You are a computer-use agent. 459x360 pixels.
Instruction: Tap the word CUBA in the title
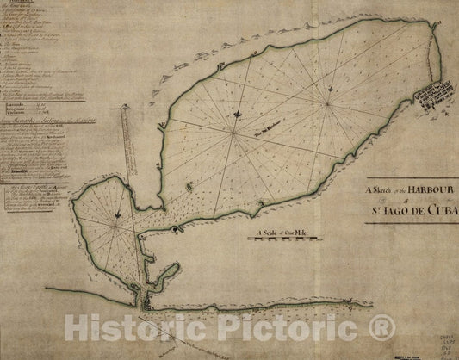444,209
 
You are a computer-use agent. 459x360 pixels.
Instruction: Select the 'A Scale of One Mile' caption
281,230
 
